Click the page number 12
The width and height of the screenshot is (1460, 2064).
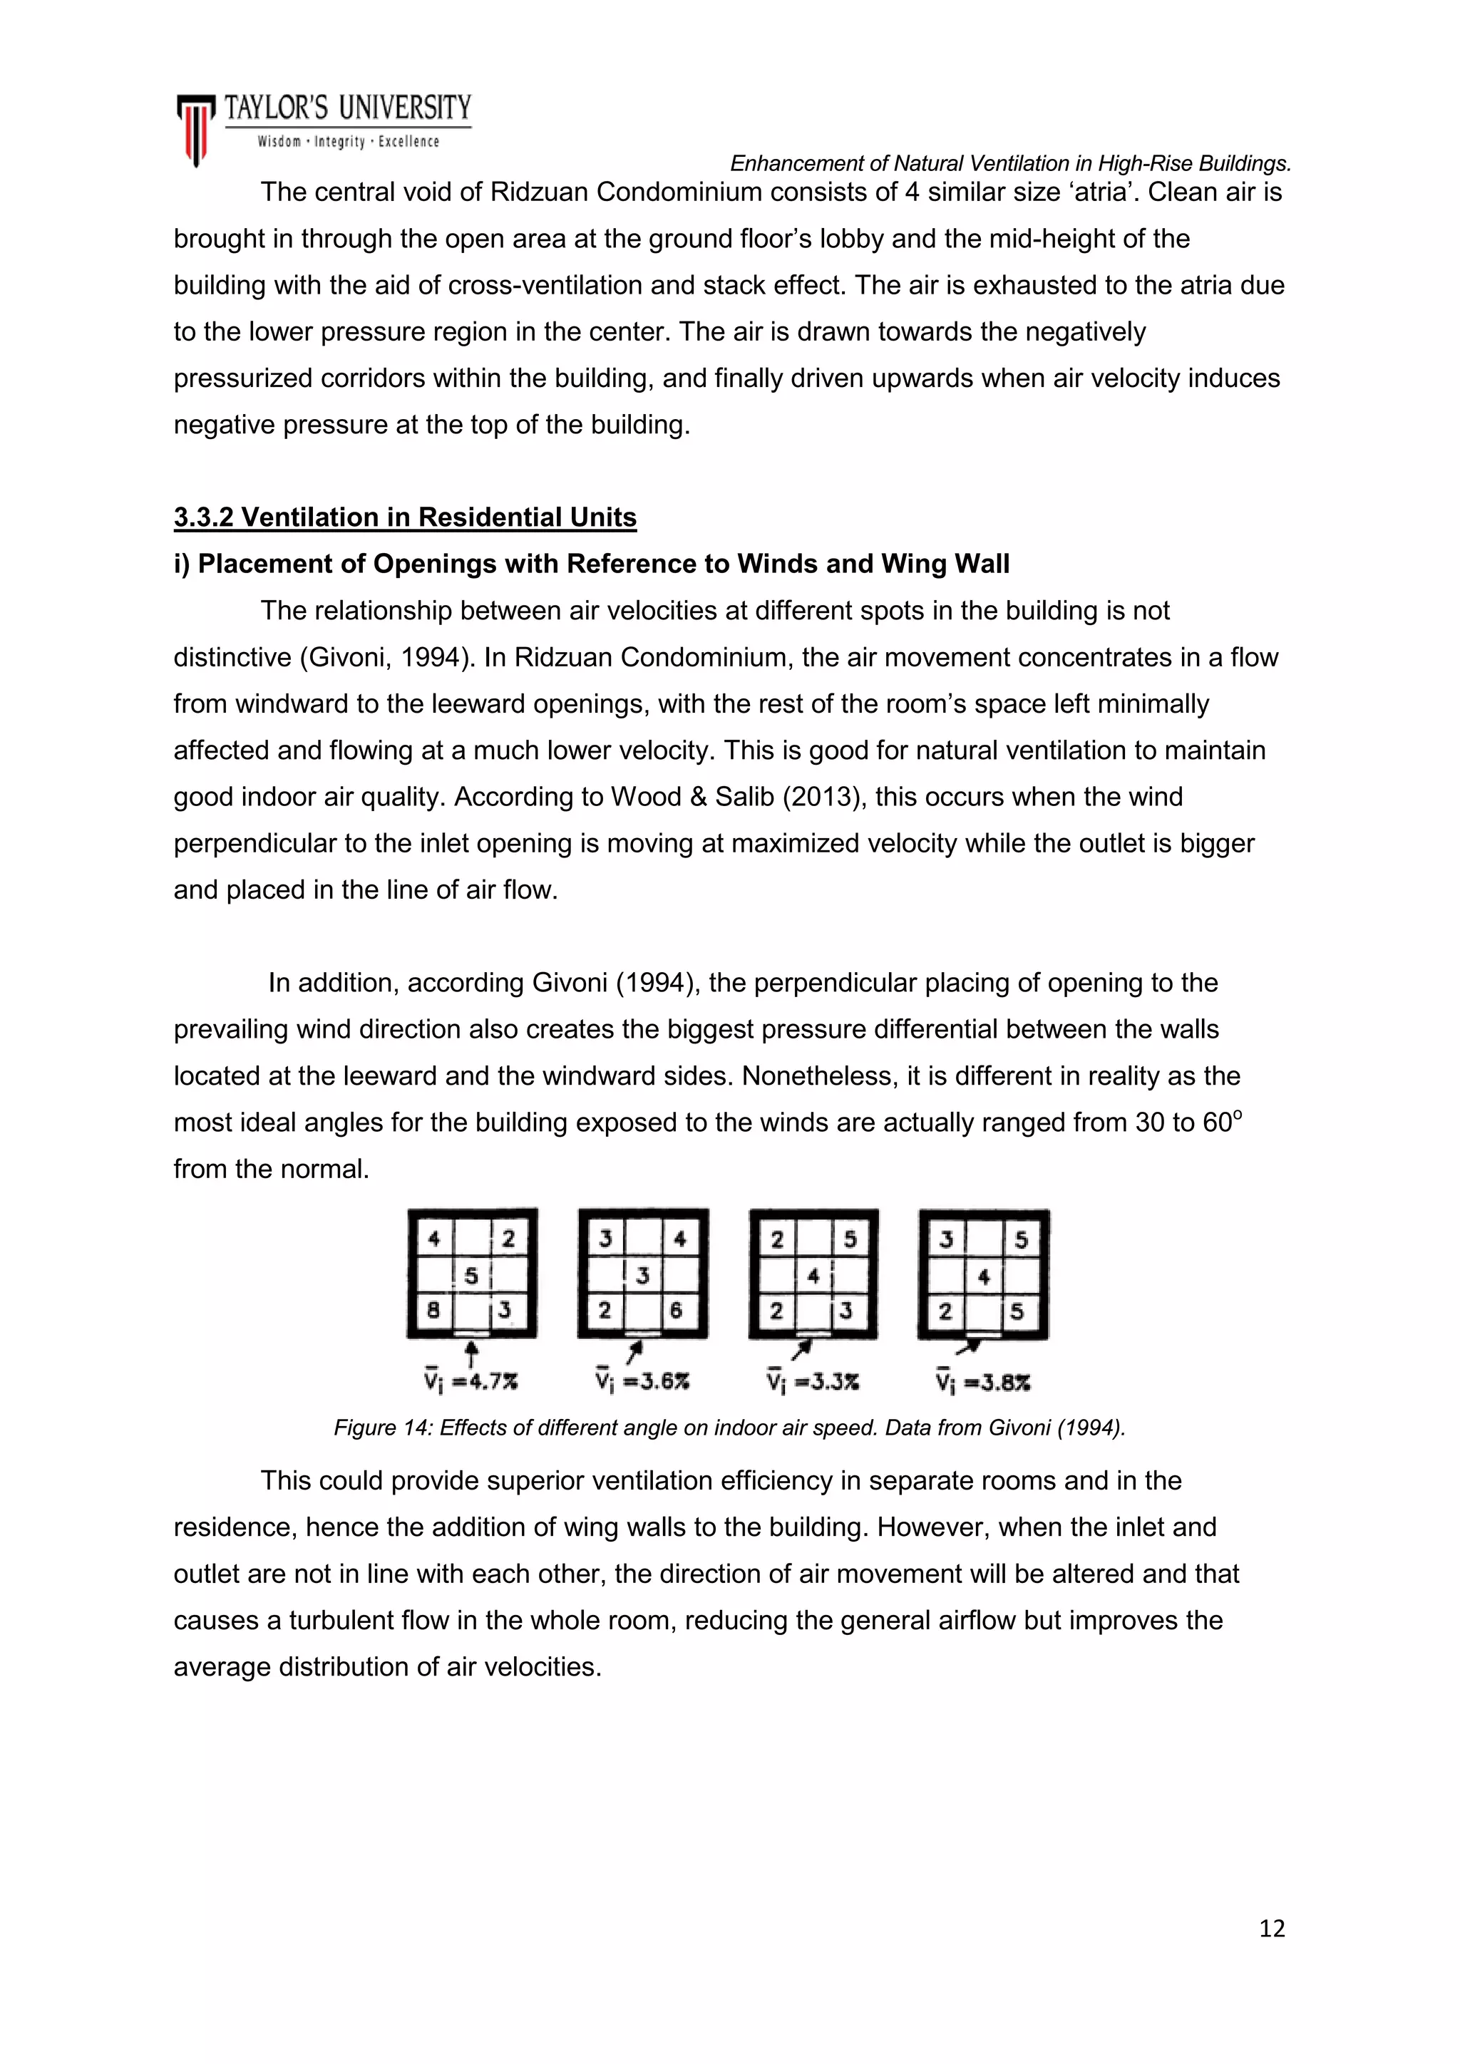click(x=1272, y=1929)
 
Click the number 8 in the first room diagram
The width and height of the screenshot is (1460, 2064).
click(x=433, y=1311)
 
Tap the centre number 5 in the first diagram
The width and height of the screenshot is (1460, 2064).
click(x=471, y=1275)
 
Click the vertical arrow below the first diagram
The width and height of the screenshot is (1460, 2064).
click(x=471, y=1353)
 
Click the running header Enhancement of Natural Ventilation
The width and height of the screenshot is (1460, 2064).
click(x=1009, y=164)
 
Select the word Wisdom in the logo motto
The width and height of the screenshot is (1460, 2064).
click(x=279, y=142)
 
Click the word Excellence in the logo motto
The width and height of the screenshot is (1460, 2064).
click(x=408, y=142)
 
